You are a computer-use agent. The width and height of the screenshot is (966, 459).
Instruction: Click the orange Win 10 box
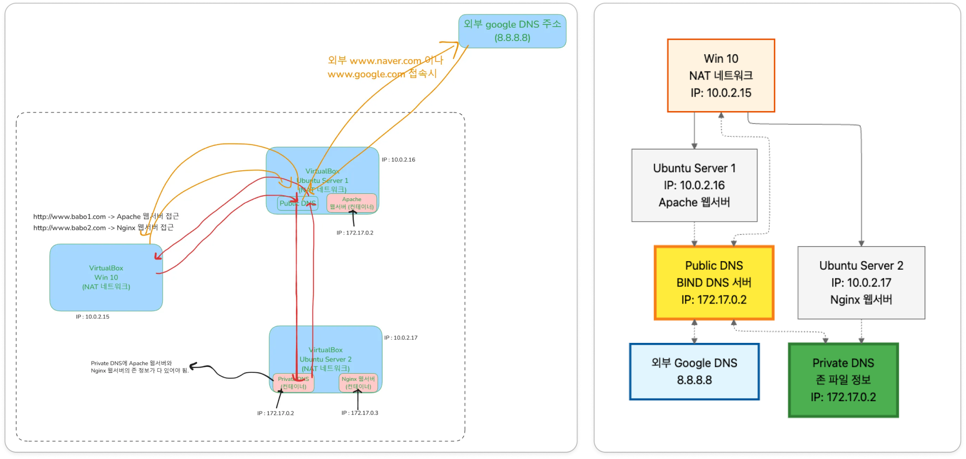point(721,75)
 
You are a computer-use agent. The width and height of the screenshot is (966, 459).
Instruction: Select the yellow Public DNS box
point(714,283)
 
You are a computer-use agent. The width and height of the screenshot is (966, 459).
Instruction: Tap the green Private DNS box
point(843,380)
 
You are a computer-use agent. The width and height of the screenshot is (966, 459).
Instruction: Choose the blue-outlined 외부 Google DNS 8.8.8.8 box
point(694,371)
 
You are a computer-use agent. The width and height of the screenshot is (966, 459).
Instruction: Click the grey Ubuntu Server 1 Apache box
point(694,185)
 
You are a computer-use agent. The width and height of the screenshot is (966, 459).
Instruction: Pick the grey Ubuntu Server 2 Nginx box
point(861,283)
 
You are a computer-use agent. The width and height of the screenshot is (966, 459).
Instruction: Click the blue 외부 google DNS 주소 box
point(512,31)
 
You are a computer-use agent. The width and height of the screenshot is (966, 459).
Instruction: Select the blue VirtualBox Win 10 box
point(106,277)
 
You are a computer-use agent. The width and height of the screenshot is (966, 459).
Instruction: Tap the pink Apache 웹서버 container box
point(352,203)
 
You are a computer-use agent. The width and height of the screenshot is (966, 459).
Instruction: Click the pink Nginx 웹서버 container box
point(358,383)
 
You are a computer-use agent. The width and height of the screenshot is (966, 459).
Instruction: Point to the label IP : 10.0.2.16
point(398,159)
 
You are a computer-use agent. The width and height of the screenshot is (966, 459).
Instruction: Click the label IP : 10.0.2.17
point(401,337)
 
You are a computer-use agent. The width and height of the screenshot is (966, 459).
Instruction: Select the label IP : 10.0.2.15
point(93,317)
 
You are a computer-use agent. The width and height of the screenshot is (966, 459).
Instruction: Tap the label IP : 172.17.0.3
point(360,413)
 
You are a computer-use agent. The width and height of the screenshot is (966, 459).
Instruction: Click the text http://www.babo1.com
point(69,217)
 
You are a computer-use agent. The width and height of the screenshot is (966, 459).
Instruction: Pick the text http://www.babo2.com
point(69,228)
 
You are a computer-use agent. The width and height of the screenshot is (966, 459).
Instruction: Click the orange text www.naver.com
point(385,61)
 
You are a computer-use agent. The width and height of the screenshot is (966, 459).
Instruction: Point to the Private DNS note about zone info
point(140,367)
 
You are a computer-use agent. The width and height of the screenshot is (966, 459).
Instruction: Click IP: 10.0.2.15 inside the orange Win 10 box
point(721,93)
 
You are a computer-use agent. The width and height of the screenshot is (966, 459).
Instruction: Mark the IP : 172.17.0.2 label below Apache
point(355,233)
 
